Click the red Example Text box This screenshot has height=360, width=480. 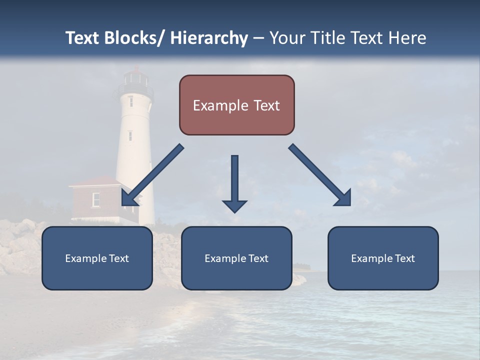[236, 105]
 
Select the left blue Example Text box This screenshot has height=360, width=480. [97, 258]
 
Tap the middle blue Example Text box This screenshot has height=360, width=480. [236, 258]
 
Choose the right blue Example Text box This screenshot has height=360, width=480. [383, 258]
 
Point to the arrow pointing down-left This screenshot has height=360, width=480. [152, 175]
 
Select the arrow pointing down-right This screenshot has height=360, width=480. [320, 175]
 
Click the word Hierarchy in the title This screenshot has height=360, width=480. [209, 38]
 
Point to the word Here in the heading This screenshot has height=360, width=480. [407, 38]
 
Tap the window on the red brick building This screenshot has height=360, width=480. [96, 199]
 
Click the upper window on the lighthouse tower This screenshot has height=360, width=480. [130, 101]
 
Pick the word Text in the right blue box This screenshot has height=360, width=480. [404, 258]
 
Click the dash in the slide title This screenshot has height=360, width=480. [258, 38]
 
